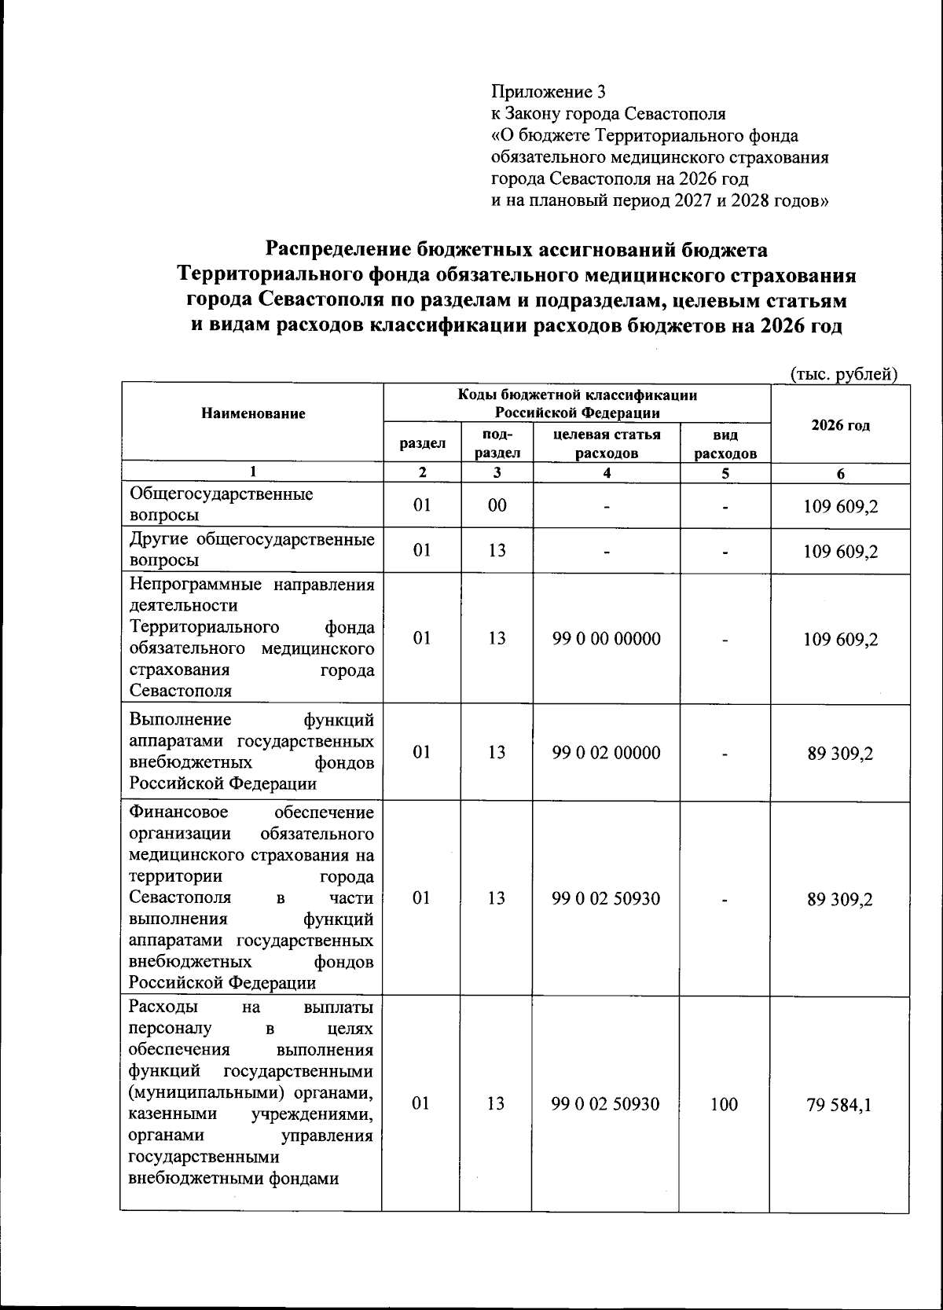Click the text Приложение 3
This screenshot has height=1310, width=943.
(549, 91)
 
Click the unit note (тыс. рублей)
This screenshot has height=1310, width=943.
(843, 374)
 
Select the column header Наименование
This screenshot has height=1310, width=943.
(253, 413)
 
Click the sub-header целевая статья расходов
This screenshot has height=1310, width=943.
(607, 443)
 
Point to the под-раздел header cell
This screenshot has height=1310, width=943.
(497, 443)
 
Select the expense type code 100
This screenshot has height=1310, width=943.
(724, 1104)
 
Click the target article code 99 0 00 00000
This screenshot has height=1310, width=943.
(606, 639)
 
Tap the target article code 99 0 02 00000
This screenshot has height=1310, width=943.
(606, 753)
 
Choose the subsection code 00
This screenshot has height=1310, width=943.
(497, 505)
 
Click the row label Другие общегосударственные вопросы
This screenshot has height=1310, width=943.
(251, 550)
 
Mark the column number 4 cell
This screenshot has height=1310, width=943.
(606, 472)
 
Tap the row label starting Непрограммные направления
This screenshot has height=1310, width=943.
(251, 637)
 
